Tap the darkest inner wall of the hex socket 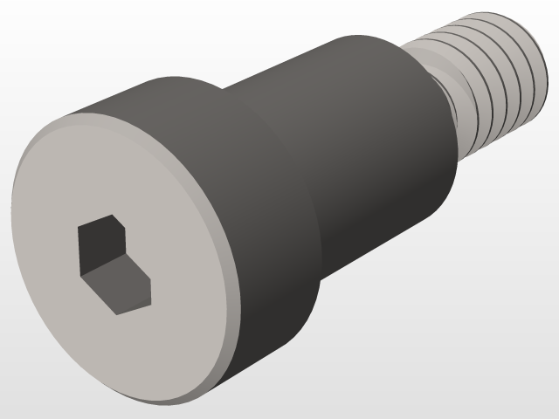98,244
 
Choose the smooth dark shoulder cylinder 367,140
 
